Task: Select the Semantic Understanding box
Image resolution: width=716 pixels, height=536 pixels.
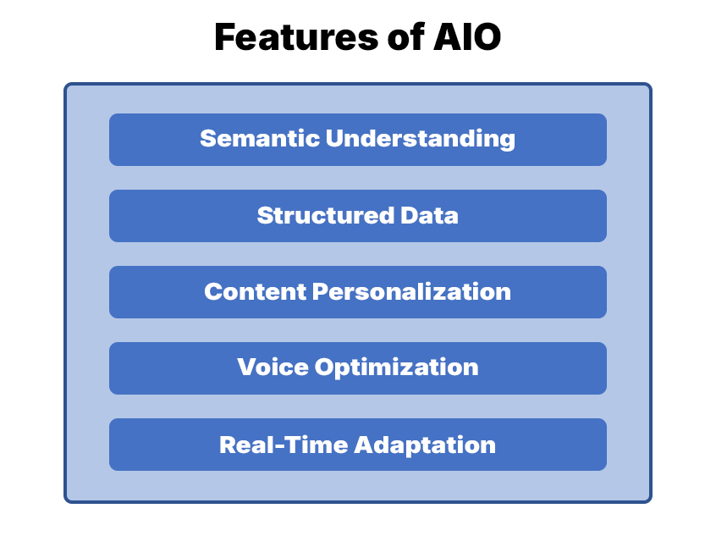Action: [x=357, y=140]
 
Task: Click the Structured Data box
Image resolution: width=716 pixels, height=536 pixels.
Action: [x=357, y=216]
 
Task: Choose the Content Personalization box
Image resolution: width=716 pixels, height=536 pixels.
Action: [x=357, y=292]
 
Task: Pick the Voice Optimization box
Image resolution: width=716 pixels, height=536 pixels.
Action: [x=357, y=368]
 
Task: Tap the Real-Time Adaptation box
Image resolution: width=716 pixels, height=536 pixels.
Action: [x=357, y=445]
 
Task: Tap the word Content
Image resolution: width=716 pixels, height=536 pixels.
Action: [x=255, y=291]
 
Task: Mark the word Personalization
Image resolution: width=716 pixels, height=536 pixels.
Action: [x=412, y=292]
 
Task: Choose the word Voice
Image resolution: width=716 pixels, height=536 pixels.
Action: [x=272, y=367]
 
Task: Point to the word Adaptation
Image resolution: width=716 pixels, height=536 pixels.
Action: [x=426, y=445]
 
